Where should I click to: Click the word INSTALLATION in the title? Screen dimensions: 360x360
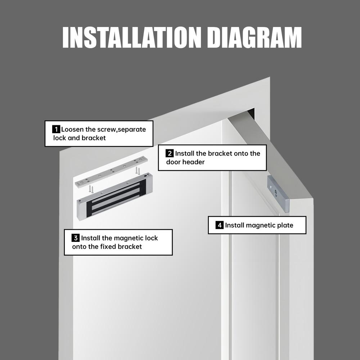coord(132,37)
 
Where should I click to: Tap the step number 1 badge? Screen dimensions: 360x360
coord(56,129)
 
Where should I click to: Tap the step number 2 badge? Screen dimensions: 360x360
coord(170,153)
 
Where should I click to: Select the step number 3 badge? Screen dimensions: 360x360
coord(76,238)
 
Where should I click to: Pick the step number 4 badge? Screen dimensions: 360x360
coord(220,225)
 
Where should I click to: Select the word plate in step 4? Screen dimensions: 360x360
coord(285,225)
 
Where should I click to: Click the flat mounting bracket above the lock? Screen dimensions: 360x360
coord(111,172)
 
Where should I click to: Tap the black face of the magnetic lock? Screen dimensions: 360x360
coord(116,198)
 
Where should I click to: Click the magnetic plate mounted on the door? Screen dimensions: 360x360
coord(278,194)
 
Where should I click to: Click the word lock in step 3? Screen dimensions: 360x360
coord(152,238)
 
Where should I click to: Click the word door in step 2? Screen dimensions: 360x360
coord(174,162)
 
